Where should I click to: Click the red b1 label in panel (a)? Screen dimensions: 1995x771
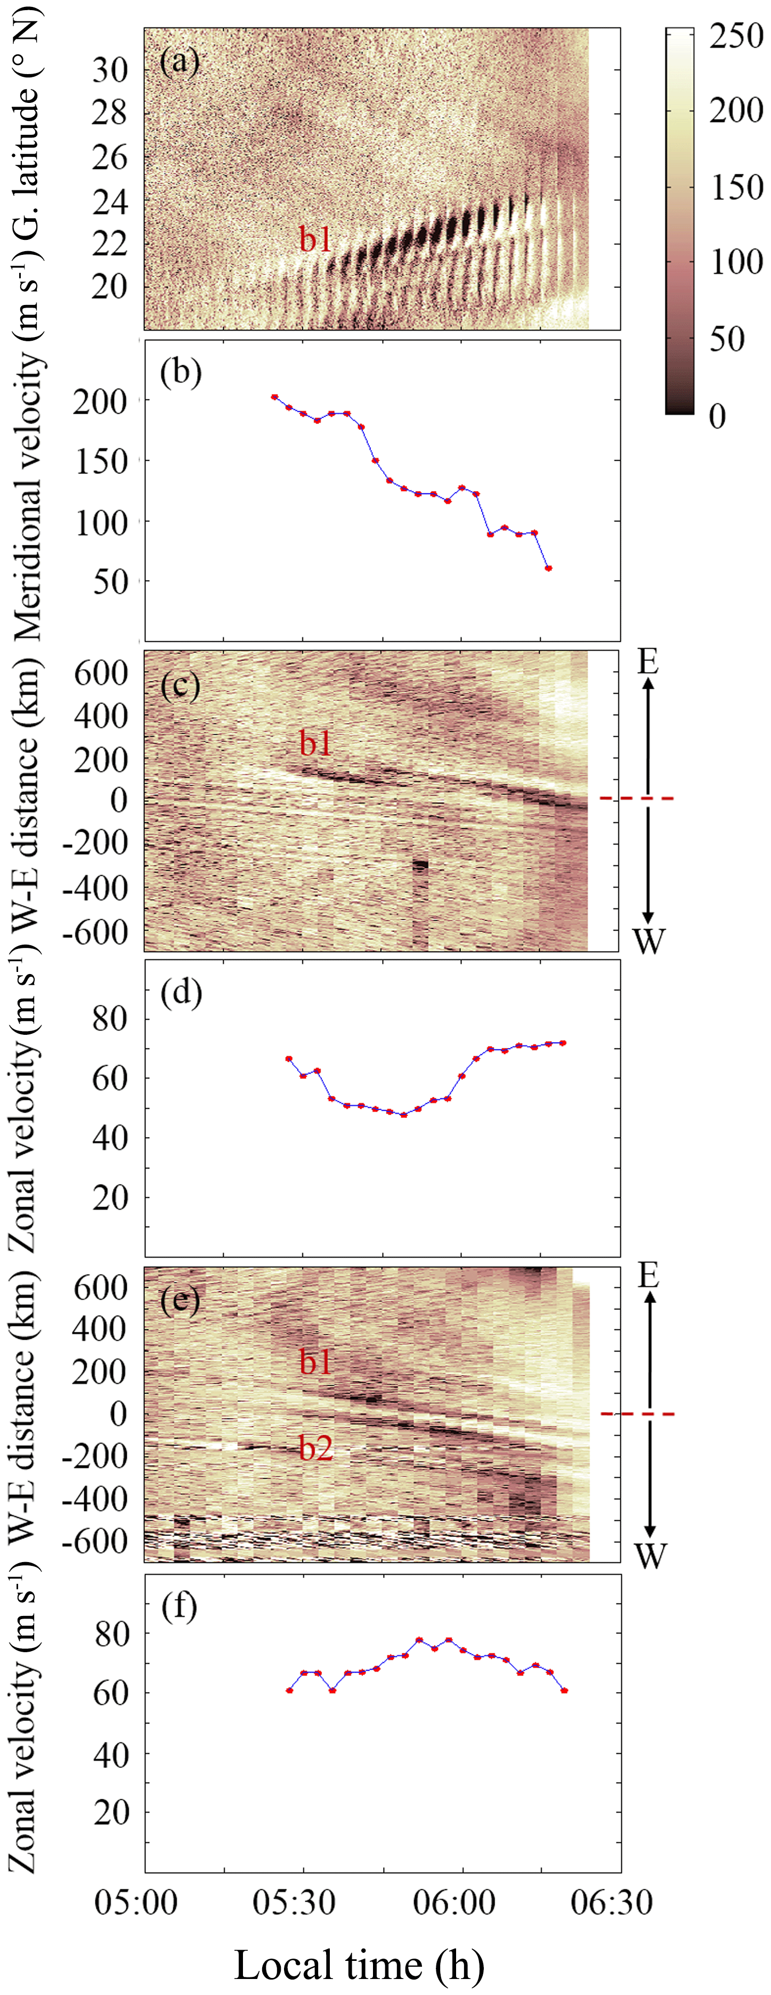[x=316, y=241]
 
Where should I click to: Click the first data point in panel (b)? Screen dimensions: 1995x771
[x=274, y=397]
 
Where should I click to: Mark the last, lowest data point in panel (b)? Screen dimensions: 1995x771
[x=548, y=568]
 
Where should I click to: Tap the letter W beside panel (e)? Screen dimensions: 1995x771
[x=648, y=1554]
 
